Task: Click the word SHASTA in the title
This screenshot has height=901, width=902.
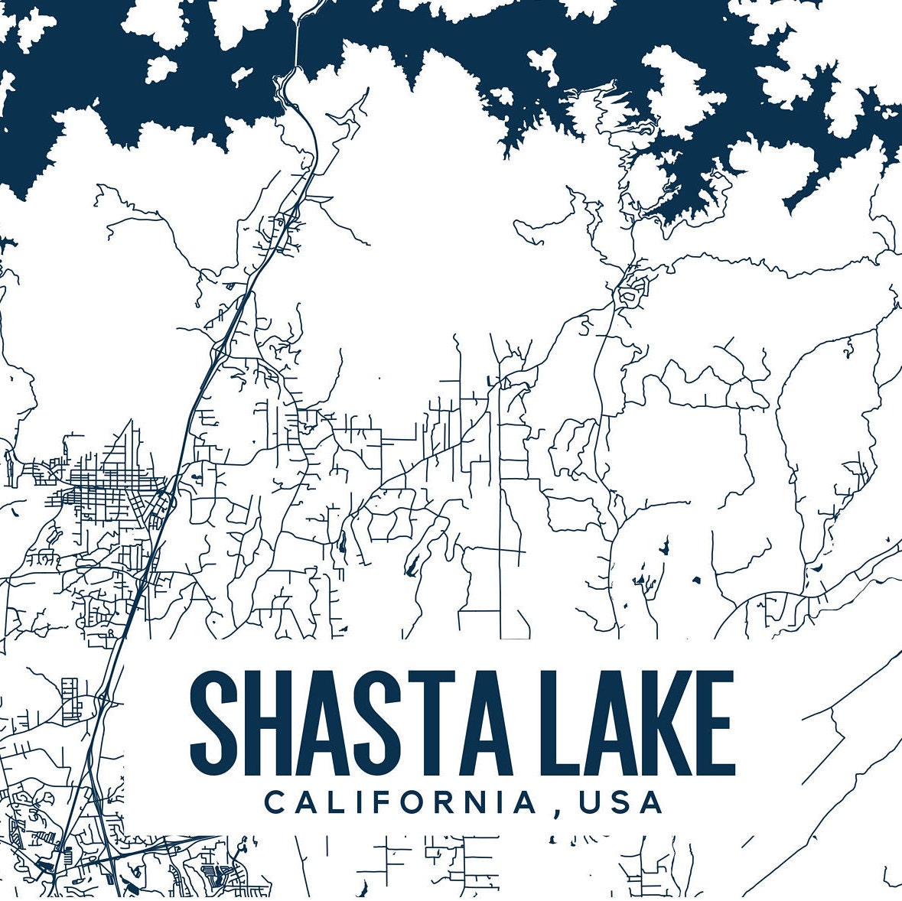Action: [x=350, y=722]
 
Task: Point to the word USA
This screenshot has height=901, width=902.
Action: [x=620, y=802]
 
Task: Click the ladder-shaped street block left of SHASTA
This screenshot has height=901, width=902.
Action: [x=71, y=697]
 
